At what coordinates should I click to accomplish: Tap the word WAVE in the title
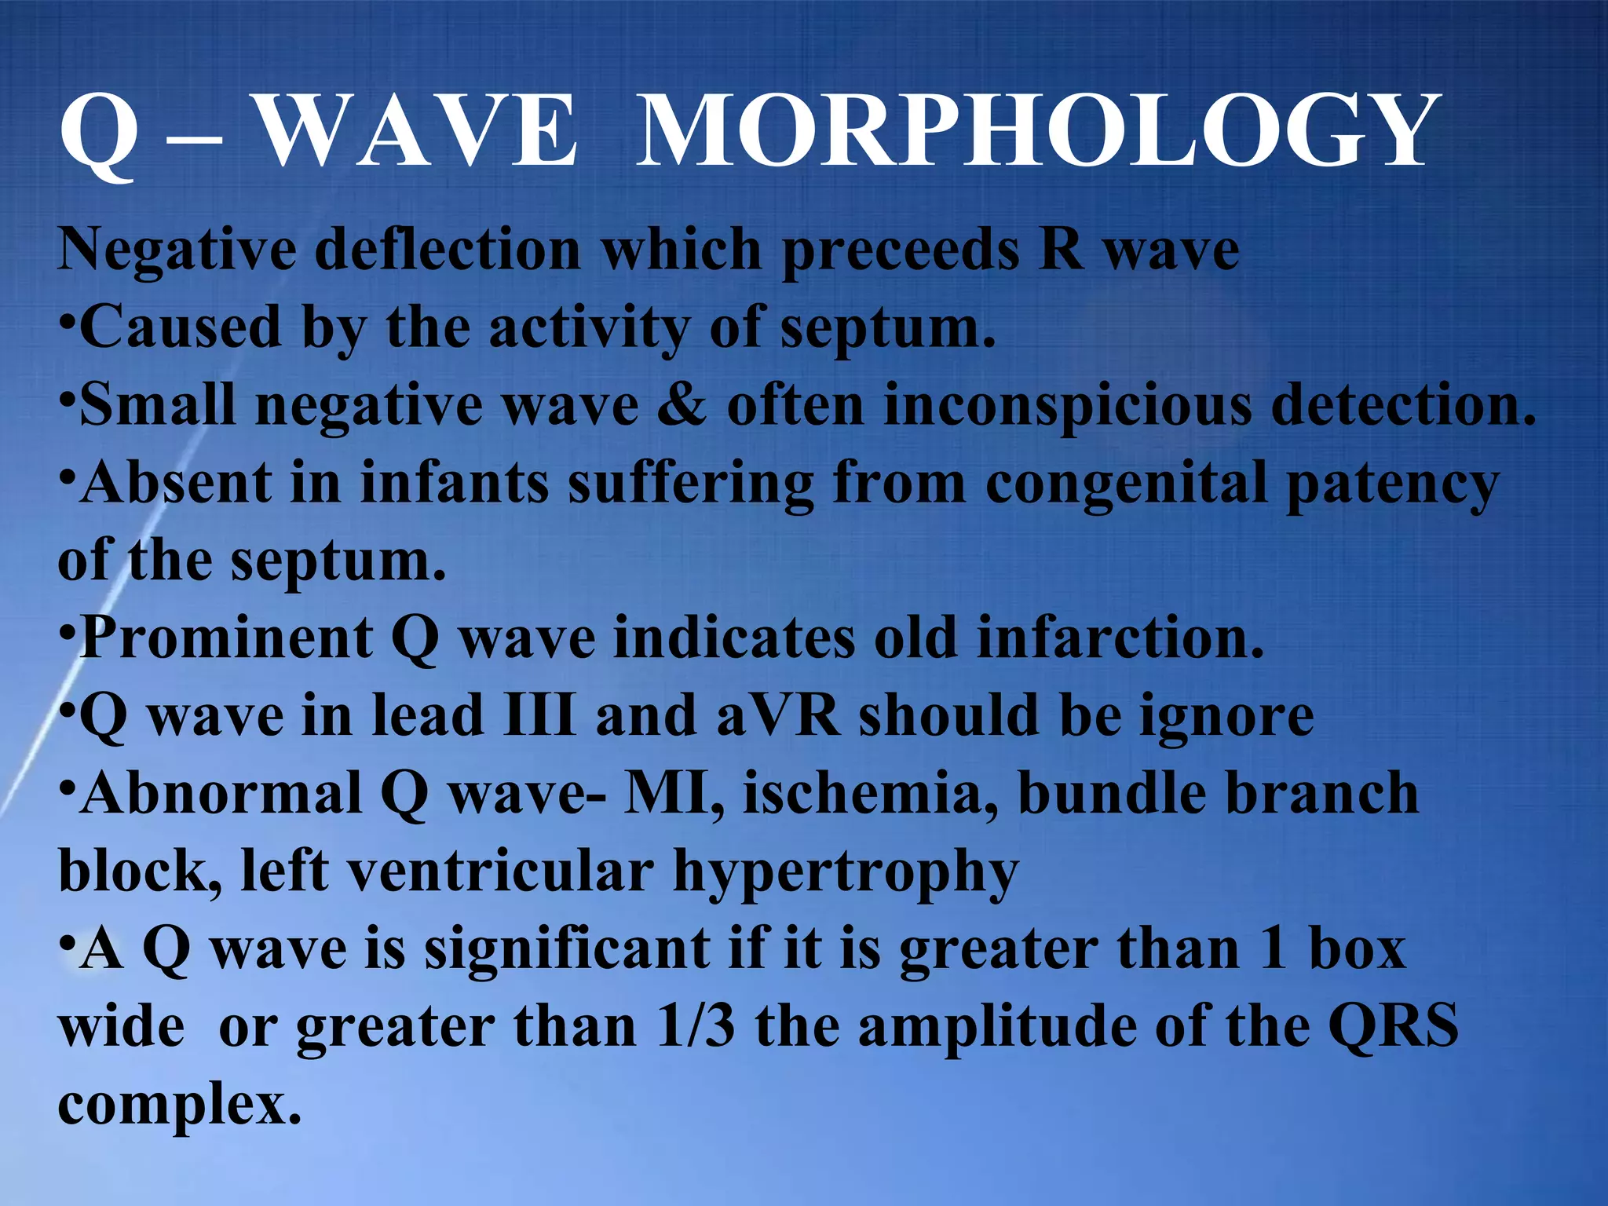418,130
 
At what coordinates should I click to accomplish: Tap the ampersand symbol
682,405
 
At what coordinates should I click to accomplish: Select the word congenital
1125,484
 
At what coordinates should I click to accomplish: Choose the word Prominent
227,638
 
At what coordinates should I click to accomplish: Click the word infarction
1120,638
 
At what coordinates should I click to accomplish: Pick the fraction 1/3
696,1026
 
